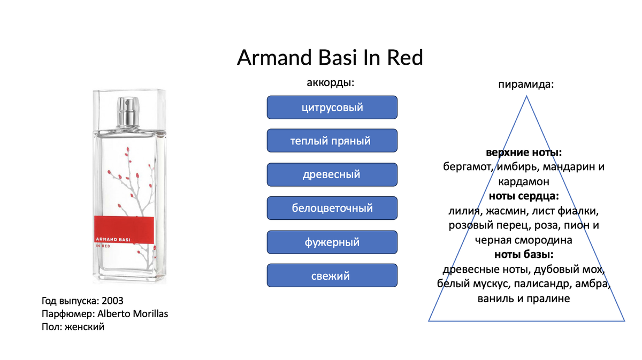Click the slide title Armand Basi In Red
coord(330,57)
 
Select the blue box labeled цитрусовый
coord(332,108)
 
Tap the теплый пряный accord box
coord(332,141)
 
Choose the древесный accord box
coord(332,174)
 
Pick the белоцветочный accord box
coord(332,208)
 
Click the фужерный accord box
coord(332,242)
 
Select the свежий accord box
coord(332,275)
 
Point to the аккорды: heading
coord(331,83)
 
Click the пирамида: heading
coord(526,85)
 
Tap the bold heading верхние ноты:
coord(524,152)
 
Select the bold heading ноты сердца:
coord(524,196)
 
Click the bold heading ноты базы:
coord(524,255)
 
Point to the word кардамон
coord(524,182)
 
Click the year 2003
coord(112,301)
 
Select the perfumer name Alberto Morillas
coord(133,314)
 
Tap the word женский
coord(85,327)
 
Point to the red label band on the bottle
coord(124,229)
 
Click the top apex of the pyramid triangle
coord(526,96)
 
